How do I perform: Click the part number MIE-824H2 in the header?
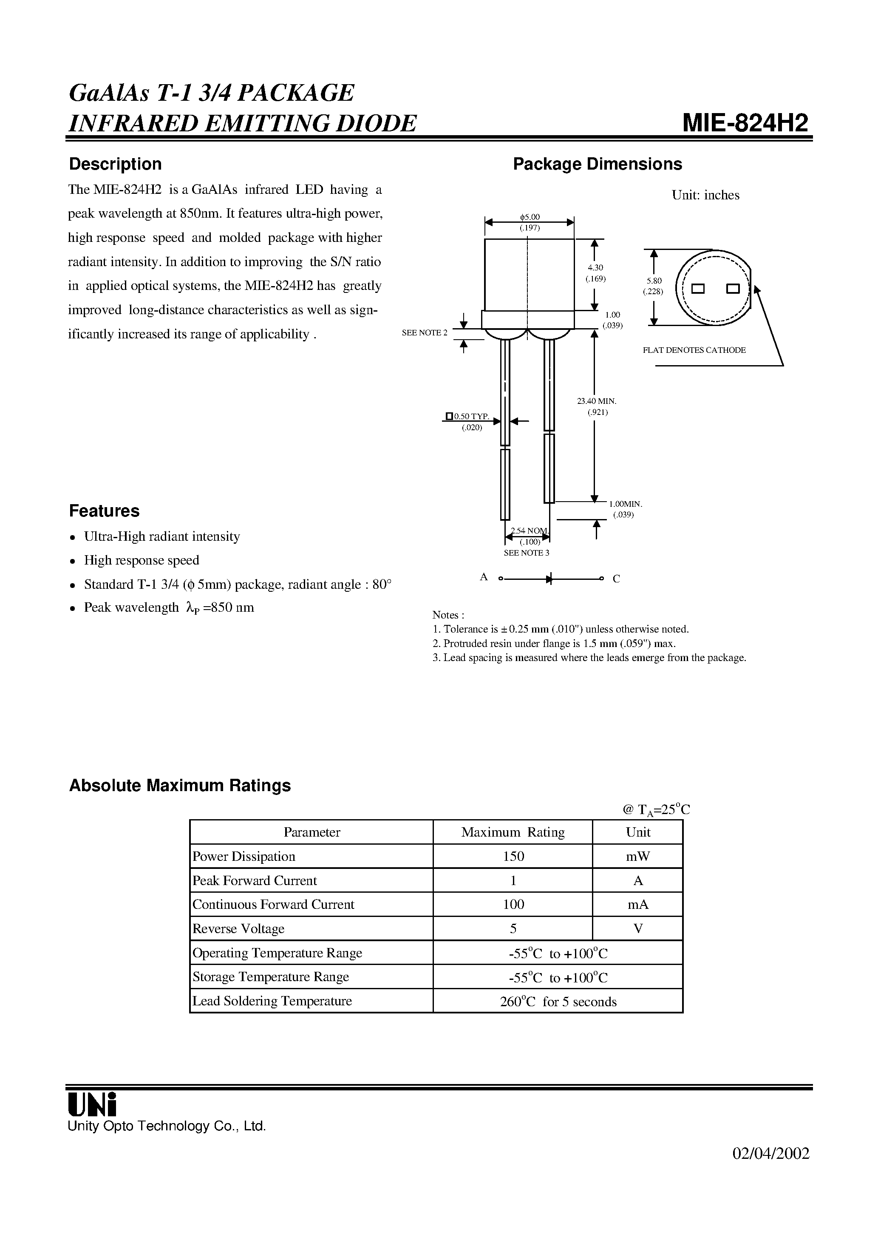click(745, 123)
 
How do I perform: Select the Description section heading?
click(115, 164)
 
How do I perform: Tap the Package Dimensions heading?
click(597, 164)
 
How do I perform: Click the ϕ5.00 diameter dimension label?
click(530, 218)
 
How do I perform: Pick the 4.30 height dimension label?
click(595, 268)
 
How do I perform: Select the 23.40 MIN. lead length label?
click(597, 401)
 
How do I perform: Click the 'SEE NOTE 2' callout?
click(425, 333)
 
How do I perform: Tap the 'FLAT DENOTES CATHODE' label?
click(694, 350)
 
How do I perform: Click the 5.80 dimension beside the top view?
click(653, 281)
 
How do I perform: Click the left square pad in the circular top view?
click(698, 289)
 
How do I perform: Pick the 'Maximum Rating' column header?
click(513, 832)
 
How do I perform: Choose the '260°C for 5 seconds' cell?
click(558, 1002)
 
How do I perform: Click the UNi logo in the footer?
click(92, 1103)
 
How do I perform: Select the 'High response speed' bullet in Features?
click(141, 560)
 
